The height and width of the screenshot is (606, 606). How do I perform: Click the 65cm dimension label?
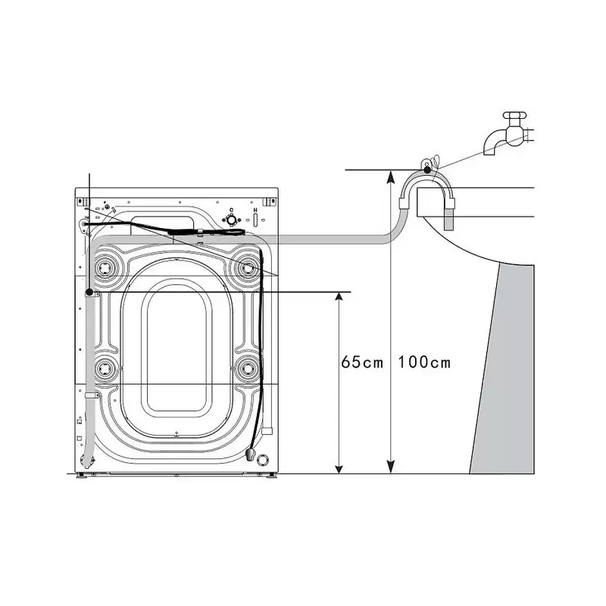(362, 363)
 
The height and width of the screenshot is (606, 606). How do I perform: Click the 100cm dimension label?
(424, 363)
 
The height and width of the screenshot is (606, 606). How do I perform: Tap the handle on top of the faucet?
(515, 115)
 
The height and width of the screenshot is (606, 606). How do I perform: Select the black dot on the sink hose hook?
(427, 170)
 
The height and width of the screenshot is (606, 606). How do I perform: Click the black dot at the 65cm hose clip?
(89, 292)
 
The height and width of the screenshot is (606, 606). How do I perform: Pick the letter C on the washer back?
(232, 211)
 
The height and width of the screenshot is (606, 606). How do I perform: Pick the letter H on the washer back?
(255, 211)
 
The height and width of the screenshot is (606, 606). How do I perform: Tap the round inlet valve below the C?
(232, 220)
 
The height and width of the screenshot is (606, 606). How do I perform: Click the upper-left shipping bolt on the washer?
(105, 267)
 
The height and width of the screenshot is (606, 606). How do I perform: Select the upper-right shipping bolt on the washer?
(247, 267)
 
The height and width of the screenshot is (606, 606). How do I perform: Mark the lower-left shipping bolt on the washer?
(105, 369)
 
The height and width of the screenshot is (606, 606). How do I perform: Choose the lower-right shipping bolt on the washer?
(247, 369)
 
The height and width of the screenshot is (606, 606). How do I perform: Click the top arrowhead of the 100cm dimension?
(391, 177)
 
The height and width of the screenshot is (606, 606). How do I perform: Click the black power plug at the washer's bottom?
(250, 454)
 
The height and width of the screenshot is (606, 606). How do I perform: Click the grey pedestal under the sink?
(502, 369)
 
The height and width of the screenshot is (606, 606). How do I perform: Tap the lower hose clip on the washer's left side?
(92, 395)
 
